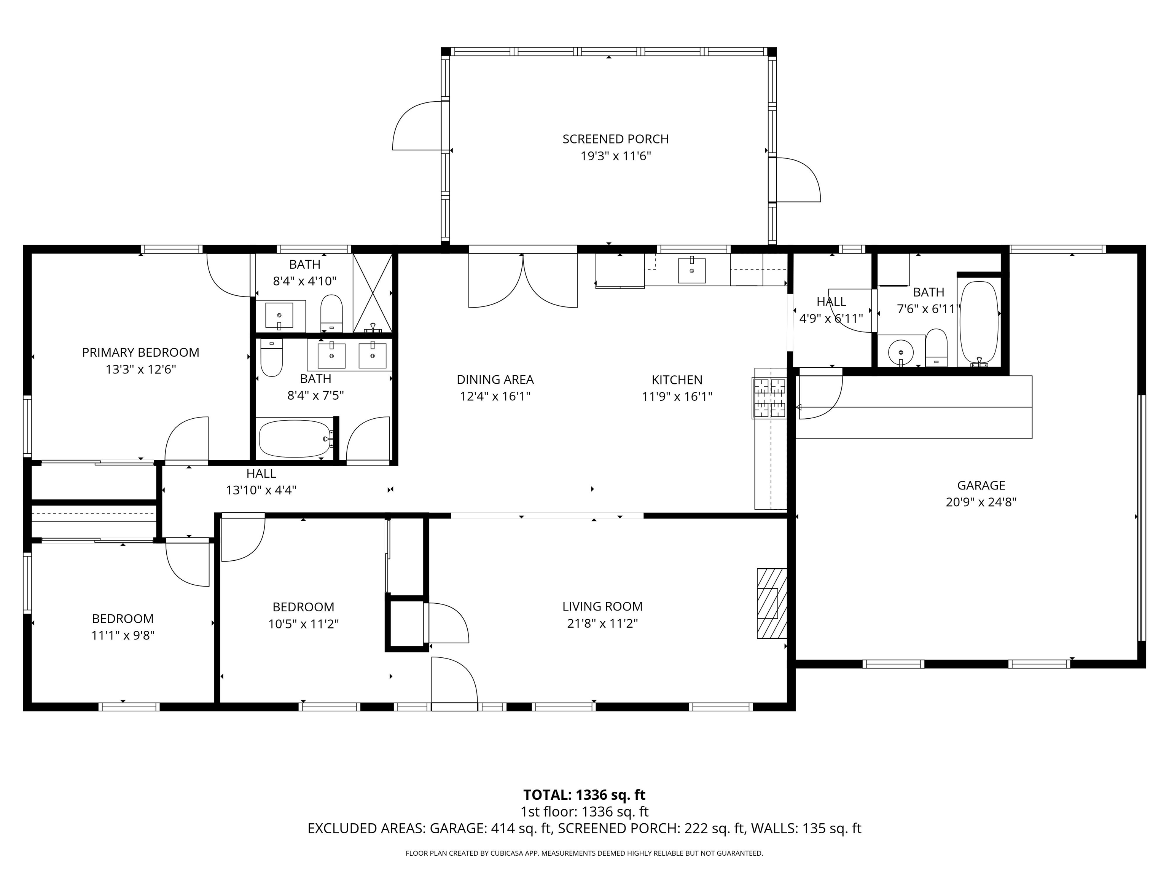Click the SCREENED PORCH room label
point(615,139)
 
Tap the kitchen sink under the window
point(691,270)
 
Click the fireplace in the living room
point(772,603)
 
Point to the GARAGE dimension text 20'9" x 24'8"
point(981,502)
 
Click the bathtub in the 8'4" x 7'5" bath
point(295,438)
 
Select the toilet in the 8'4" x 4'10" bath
point(331,313)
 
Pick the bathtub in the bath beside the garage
point(979,322)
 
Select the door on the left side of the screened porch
point(417,126)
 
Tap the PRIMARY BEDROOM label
point(140,352)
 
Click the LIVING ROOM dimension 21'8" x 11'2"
point(602,623)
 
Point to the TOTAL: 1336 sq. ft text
point(584,794)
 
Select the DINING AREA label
point(495,380)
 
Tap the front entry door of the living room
point(454,682)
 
